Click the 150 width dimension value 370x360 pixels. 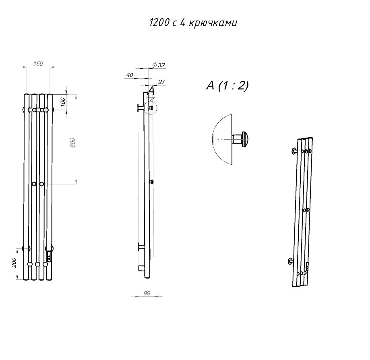coord(38,64)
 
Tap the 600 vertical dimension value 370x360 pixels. coord(73,143)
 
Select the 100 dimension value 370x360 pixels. coord(62,102)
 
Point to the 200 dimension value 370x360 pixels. coord(14,263)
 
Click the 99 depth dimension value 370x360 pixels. coord(147,293)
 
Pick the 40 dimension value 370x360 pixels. coord(130,75)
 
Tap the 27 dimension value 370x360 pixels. coord(161,82)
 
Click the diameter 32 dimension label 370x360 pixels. coord(159,65)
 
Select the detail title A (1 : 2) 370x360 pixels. coord(227,85)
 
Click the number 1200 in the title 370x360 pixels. coord(159,23)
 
